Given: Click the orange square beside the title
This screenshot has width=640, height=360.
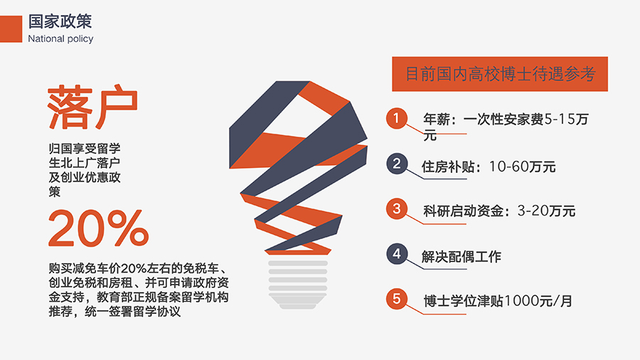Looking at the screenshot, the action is coord(11,29).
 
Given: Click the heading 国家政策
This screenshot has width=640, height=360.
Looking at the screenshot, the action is coord(60,21).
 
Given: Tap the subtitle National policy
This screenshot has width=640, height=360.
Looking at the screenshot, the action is coord(60,39).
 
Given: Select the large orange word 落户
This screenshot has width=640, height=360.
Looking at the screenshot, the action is coord(92,107).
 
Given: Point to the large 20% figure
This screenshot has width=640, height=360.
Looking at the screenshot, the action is coord(98,228).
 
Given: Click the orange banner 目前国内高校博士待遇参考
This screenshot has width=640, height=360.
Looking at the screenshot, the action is coord(500,74).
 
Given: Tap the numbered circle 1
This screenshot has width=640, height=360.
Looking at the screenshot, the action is coord(396,118).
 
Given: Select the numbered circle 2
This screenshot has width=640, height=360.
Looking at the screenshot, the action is coord(397,164).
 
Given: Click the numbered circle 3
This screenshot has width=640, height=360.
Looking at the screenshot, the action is coord(397,208).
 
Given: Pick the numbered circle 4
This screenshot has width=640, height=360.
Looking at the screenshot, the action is coord(397,254).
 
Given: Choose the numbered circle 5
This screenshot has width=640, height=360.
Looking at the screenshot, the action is coord(397,299).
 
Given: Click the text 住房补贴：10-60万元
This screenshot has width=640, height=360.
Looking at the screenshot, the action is coord(489,166).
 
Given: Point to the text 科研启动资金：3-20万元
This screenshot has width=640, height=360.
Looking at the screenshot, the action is coord(499,211).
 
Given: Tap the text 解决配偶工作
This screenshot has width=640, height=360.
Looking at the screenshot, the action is coord(462,257).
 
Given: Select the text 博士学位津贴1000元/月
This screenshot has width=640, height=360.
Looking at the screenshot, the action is coord(498,301).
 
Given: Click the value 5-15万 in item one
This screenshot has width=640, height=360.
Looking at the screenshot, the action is coord(567,120).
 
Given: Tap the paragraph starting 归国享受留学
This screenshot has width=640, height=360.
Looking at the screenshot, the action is coord(85,170).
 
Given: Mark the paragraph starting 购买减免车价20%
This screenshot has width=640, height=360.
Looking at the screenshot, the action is coord(139,290).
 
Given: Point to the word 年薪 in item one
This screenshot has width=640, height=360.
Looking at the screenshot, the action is coord(437,120).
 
